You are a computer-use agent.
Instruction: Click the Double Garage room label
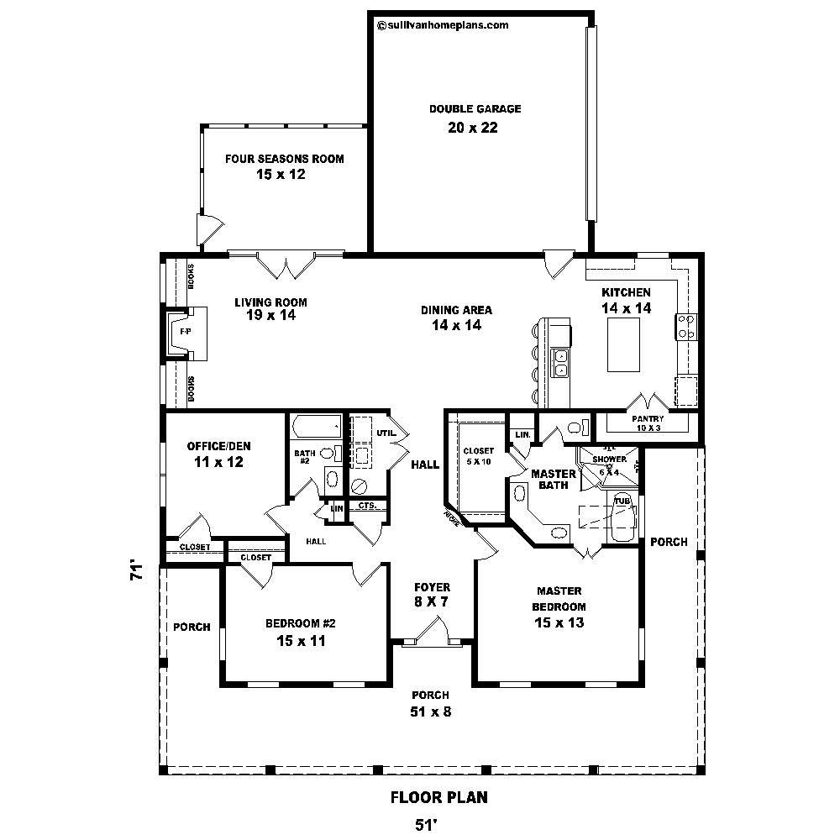[475, 109]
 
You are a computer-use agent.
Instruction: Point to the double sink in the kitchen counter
[560, 363]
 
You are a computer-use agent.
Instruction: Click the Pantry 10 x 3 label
[647, 423]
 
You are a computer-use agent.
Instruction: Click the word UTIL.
[386, 433]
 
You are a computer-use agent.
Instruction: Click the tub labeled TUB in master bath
[622, 521]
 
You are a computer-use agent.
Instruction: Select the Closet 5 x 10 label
[478, 456]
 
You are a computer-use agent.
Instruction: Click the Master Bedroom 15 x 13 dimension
[559, 622]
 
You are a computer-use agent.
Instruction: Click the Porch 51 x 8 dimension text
[430, 713]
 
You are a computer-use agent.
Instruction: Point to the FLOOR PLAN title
[438, 797]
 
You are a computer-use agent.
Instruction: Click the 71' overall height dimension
[135, 571]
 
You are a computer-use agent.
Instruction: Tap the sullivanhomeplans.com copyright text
[444, 25]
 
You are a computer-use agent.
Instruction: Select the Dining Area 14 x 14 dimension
[456, 325]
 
